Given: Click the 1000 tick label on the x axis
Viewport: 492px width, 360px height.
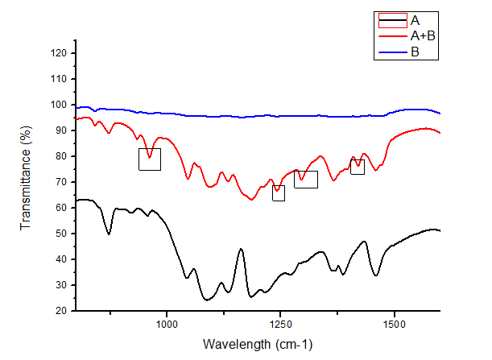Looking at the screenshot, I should coord(167,325).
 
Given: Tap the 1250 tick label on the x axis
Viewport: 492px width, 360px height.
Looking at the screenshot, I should coord(280,325).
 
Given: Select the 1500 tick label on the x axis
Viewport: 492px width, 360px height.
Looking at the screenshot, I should coord(394,325).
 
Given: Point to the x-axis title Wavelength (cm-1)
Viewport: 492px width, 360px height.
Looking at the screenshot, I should coord(257,345).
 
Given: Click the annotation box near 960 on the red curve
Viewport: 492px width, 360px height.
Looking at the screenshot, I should coord(150,159).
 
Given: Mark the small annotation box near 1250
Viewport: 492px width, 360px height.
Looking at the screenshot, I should coord(279,193).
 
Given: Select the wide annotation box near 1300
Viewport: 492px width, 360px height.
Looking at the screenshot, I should coord(306,180).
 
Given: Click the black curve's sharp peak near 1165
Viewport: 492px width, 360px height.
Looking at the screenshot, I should coord(241,250).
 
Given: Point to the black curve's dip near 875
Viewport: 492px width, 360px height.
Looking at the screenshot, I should coord(110,234).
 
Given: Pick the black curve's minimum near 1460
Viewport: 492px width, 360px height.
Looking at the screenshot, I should coord(376,275).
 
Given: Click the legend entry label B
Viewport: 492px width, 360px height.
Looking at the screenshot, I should coord(414,52).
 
